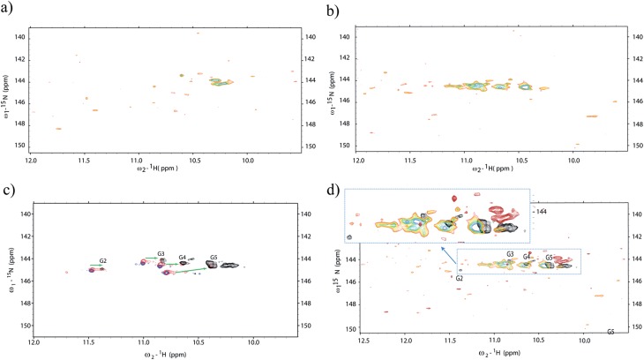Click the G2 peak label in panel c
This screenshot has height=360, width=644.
(x=103, y=261)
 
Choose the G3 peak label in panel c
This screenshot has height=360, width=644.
(x=161, y=254)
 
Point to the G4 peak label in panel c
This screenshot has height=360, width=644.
(x=183, y=258)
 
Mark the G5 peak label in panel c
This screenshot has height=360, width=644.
(x=213, y=258)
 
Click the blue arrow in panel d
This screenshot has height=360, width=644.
(x=448, y=257)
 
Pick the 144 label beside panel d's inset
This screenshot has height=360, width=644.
(x=542, y=211)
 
